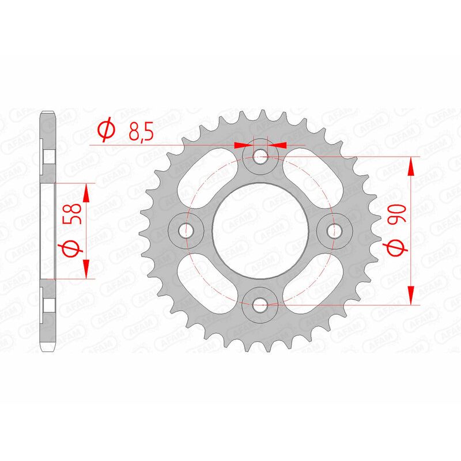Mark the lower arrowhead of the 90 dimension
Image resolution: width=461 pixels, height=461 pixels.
(411, 294)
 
